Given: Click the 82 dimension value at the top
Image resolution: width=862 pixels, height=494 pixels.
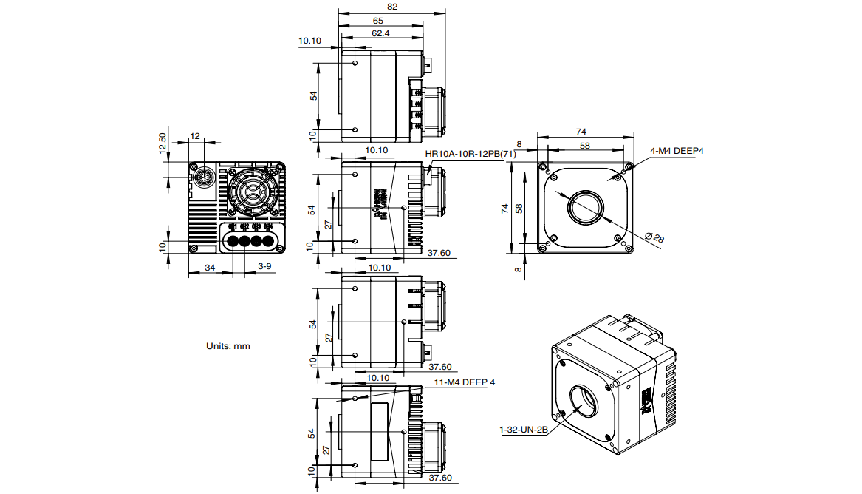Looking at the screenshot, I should [391, 7].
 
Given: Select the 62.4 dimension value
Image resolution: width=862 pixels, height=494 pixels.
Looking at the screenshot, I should [380, 33].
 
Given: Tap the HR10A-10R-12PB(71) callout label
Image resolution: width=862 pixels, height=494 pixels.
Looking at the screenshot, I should [470, 154].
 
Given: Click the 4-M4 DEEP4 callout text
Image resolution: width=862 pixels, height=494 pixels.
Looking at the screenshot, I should [677, 151].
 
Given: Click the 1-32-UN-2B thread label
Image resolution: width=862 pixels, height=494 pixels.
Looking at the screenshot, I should [524, 429].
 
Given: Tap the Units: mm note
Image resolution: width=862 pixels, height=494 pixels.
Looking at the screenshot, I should [228, 345].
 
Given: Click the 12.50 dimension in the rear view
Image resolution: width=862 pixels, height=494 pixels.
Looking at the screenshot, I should [163, 143].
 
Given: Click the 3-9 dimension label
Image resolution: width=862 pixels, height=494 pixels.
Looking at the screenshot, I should [264, 265].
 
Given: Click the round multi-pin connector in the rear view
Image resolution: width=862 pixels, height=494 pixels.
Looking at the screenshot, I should [204, 180].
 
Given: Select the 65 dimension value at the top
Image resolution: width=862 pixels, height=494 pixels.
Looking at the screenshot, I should [377, 21].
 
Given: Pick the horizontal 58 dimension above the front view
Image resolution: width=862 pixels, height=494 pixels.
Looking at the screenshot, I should [585, 146].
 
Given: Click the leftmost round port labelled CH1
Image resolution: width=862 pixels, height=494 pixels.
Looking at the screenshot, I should [233, 241].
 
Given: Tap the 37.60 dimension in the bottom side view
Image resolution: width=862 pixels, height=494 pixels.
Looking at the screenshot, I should [440, 478].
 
